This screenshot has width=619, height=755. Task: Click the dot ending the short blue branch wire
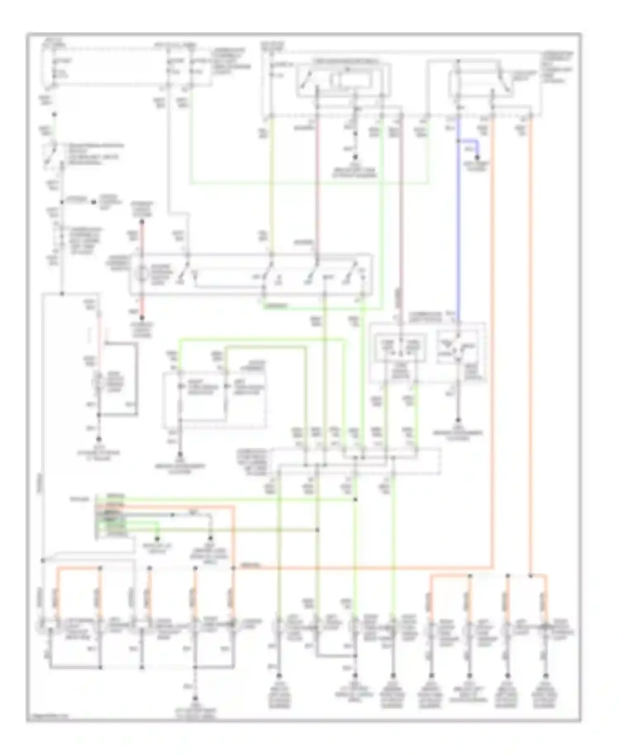pyautogui.click(x=478, y=157)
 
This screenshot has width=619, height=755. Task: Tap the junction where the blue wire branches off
pyautogui.click(x=458, y=141)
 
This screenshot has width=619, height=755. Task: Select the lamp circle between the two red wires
pyautogui.click(x=142, y=273)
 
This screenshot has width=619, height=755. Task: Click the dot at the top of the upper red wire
pyautogui.click(x=142, y=222)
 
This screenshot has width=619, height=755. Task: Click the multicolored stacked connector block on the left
pyautogui.click(x=109, y=516)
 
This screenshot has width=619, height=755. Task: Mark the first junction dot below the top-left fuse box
pyautogui.click(x=54, y=114)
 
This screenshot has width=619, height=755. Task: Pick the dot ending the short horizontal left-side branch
pyautogui.click(x=94, y=202)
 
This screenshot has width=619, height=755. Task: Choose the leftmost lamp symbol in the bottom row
pyautogui.click(x=43, y=627)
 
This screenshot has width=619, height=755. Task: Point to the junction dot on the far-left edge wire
pyautogui.click(x=43, y=560)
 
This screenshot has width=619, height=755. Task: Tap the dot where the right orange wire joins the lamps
pyautogui.click(x=531, y=575)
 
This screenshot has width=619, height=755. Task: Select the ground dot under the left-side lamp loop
pyautogui.click(x=99, y=440)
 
